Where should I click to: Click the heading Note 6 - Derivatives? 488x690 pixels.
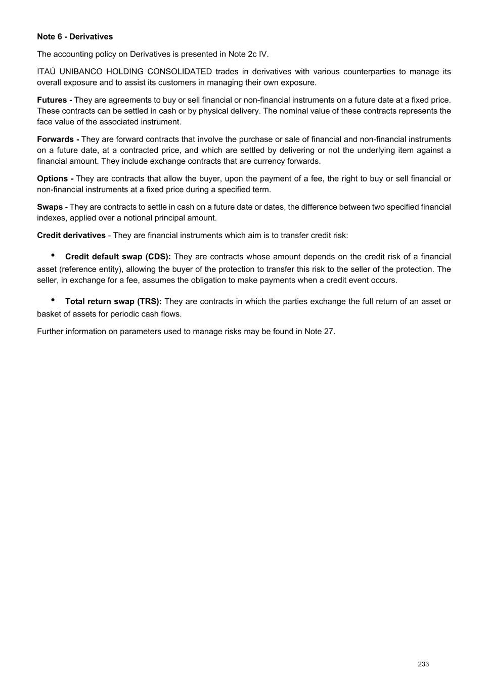pos(75,37)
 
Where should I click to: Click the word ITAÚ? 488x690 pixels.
pos(46,72)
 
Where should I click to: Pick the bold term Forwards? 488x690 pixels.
pos(56,140)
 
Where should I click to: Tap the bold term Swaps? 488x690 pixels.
pos(50,207)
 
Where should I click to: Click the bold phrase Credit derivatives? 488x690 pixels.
pos(71,236)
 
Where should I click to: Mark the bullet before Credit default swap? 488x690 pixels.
pos(53,255)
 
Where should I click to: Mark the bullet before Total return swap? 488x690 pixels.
pos(53,300)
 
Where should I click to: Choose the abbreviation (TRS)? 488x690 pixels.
pos(149,302)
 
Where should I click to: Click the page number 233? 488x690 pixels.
pos(423,664)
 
